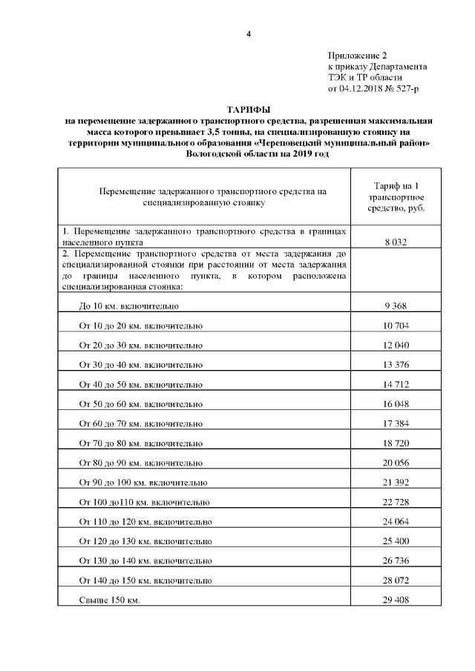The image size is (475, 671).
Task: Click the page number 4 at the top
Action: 249,35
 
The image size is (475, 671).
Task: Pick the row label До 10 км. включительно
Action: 128,305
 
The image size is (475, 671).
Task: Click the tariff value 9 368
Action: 396,305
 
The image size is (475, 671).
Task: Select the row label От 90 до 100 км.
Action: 142,483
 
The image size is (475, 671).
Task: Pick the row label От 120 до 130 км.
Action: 145,541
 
